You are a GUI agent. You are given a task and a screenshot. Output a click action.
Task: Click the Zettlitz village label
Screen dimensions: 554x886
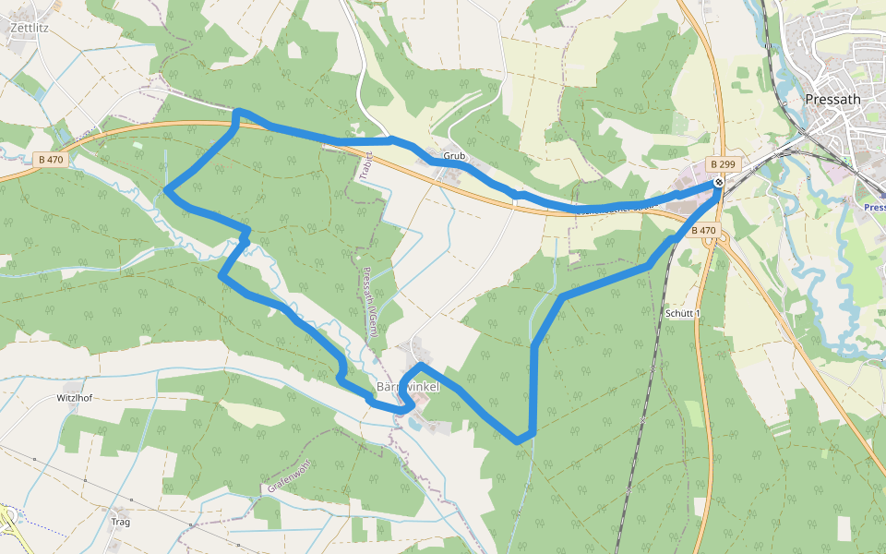coord(29,28)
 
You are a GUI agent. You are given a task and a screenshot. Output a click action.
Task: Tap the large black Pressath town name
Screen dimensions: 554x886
coord(832,100)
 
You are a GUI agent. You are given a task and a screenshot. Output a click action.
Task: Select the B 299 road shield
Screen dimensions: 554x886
coord(723,164)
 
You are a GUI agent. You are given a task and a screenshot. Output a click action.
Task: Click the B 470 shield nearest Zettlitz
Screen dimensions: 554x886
coord(51,159)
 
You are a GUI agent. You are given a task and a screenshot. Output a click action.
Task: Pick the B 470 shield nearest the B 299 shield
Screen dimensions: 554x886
coord(704,230)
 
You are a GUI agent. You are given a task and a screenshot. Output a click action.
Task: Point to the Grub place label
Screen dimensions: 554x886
coord(454,156)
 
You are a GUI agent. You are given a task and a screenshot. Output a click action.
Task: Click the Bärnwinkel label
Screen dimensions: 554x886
coord(408,386)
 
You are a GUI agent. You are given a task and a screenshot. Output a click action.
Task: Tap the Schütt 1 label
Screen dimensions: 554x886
coord(683,314)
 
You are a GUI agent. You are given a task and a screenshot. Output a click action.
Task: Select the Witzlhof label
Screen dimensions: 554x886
coord(75,398)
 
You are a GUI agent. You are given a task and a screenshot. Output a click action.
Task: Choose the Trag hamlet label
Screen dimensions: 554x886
coord(120,522)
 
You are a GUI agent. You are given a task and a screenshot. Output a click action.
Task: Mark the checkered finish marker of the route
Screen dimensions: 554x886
coord(718,183)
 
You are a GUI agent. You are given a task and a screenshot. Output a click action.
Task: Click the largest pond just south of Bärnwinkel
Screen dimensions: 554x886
coord(417,424)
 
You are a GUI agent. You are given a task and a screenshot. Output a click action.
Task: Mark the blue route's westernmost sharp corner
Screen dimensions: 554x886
coord(166,191)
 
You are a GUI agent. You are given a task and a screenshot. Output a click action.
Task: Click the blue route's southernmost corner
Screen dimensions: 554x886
coord(519,440)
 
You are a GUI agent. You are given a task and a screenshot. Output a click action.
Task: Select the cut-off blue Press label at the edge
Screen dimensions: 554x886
coord(875,208)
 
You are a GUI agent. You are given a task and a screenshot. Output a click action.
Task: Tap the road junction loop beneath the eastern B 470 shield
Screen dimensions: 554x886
coord(713,242)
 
